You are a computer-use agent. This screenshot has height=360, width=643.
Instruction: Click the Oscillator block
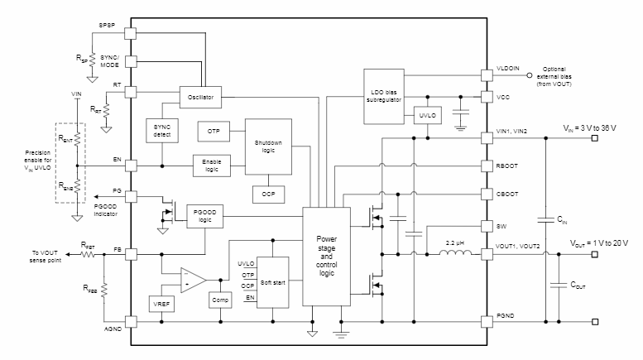pyautogui.click(x=201, y=97)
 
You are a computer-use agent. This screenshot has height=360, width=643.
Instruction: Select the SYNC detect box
pyautogui.click(x=161, y=129)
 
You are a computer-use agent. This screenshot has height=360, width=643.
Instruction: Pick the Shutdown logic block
pyautogui.click(x=268, y=146)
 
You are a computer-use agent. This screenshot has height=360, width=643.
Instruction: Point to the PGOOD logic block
pyautogui.click(x=205, y=217)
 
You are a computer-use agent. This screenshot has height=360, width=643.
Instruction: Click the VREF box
pyautogui.click(x=162, y=303)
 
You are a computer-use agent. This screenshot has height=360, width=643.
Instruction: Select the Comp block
pyautogui.click(x=220, y=299)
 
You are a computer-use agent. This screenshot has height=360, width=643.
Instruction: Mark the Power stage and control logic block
pyautogui.click(x=327, y=255)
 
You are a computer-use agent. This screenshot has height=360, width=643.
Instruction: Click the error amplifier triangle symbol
pyautogui.click(x=193, y=279)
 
